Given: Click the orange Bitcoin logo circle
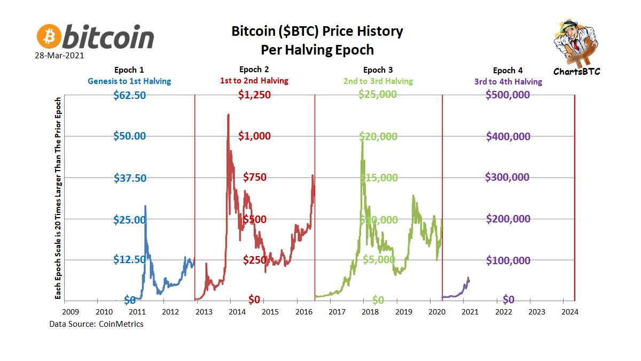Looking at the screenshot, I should click(x=49, y=36).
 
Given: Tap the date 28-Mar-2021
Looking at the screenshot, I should click(x=60, y=55).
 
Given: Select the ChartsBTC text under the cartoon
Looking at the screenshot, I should click(x=577, y=71).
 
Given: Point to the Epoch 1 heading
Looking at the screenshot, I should click(x=129, y=70).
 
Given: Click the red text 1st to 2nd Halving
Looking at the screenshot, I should click(x=254, y=81).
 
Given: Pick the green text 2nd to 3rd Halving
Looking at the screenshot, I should click(x=378, y=81).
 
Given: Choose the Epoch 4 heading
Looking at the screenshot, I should click(x=504, y=71).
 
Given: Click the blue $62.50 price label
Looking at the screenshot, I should click(x=129, y=95).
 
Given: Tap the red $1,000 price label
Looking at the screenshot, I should click(x=254, y=136).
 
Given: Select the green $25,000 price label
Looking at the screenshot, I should click(x=378, y=95).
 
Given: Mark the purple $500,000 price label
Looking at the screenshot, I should click(x=507, y=95).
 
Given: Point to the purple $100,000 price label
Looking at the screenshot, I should click(x=507, y=260).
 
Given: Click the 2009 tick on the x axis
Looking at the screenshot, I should click(x=71, y=311).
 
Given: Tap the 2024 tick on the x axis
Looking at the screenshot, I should click(x=569, y=311).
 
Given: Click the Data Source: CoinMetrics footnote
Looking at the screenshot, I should click(x=96, y=324).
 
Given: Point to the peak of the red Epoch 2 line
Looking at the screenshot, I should click(x=229, y=114).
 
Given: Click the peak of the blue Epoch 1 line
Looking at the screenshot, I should click(x=145, y=206).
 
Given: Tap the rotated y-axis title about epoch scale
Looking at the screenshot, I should click(x=58, y=198).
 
